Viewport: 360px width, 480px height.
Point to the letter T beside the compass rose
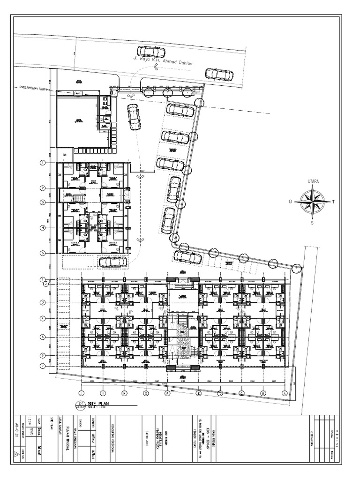pos(333,202)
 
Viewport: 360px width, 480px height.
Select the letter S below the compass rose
pos(312,223)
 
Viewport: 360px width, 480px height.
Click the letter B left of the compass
pos(291,202)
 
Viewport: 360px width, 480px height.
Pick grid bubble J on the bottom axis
pos(81,393)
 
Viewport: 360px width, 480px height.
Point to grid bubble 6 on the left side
pos(42,355)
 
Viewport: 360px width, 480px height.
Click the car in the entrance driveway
pos(133,117)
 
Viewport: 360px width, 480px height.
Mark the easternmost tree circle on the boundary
pos(296,268)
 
